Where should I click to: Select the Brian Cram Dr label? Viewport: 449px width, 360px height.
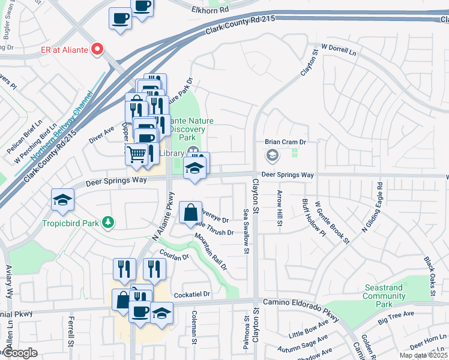click(286, 142)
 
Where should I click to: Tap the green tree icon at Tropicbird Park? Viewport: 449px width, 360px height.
click(107, 223)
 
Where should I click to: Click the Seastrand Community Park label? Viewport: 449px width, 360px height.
click(383, 296)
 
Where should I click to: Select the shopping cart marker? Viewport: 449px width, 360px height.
click(137, 154)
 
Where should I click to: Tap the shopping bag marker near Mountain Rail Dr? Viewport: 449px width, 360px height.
click(190, 212)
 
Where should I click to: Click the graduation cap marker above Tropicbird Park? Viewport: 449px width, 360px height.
click(62, 200)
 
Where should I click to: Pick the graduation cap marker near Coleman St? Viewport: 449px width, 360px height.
click(161, 313)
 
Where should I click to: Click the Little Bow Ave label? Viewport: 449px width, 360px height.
click(309, 329)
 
